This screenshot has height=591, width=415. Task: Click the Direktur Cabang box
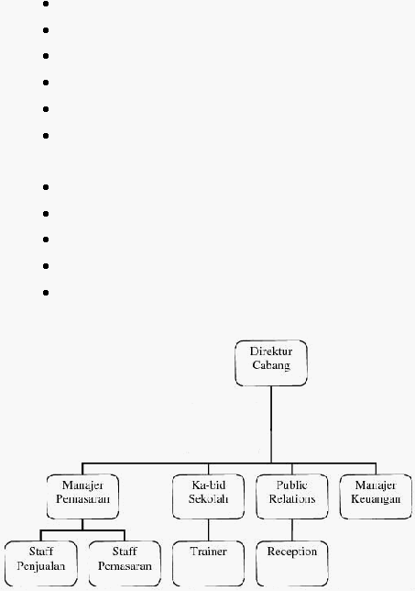[x=271, y=363]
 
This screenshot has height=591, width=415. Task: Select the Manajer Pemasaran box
[x=82, y=496]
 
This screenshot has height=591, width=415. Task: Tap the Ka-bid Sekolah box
[x=209, y=496]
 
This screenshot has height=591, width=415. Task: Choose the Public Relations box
[x=292, y=496]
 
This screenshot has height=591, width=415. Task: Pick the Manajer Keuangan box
[x=376, y=496]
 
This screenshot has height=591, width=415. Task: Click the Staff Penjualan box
[x=41, y=563]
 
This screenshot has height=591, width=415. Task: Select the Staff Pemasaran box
[x=125, y=563]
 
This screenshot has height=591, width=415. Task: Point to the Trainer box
[x=209, y=563]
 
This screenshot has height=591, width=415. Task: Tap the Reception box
[x=292, y=563]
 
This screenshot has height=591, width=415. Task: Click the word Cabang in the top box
[x=271, y=365]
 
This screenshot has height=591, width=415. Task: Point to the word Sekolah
[x=209, y=498]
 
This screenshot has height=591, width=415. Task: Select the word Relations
[x=292, y=498]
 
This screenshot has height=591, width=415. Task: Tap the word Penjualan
[x=41, y=566]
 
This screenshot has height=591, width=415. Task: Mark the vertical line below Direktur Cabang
[x=271, y=424]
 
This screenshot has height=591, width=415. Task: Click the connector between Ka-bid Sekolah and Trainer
[x=209, y=530]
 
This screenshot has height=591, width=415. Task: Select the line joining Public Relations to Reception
[x=292, y=530]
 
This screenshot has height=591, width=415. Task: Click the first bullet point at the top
[x=46, y=4]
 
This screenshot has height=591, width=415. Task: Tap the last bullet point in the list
[x=46, y=293]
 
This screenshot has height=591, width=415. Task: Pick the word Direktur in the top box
[x=271, y=351]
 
